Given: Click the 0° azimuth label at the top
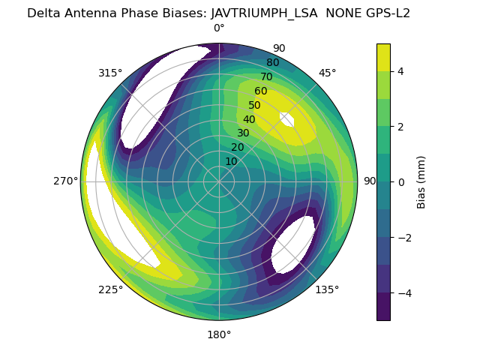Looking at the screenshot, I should point(219,28).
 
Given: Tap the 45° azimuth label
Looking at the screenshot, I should point(327,73).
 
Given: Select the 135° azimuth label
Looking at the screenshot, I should point(327,289).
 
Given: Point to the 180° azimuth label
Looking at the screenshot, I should point(219,334).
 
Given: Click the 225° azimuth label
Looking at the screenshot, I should point(110,289).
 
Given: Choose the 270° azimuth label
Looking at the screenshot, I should point(65,181).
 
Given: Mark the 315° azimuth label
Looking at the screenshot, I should point(110,73).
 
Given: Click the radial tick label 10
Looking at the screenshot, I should point(231,161).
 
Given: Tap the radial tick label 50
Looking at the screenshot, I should point(255,106).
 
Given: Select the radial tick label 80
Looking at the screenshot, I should point(273,62).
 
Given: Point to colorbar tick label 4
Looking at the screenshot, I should point(401,71).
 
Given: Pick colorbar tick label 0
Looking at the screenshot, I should point(401,182).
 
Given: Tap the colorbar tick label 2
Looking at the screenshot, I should point(401,127).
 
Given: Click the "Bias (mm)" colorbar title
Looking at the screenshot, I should point(421,181).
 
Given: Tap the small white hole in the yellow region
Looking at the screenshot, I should point(286,119).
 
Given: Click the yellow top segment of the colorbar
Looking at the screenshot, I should point(383,57).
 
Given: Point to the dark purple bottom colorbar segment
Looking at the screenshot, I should point(383,307).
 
